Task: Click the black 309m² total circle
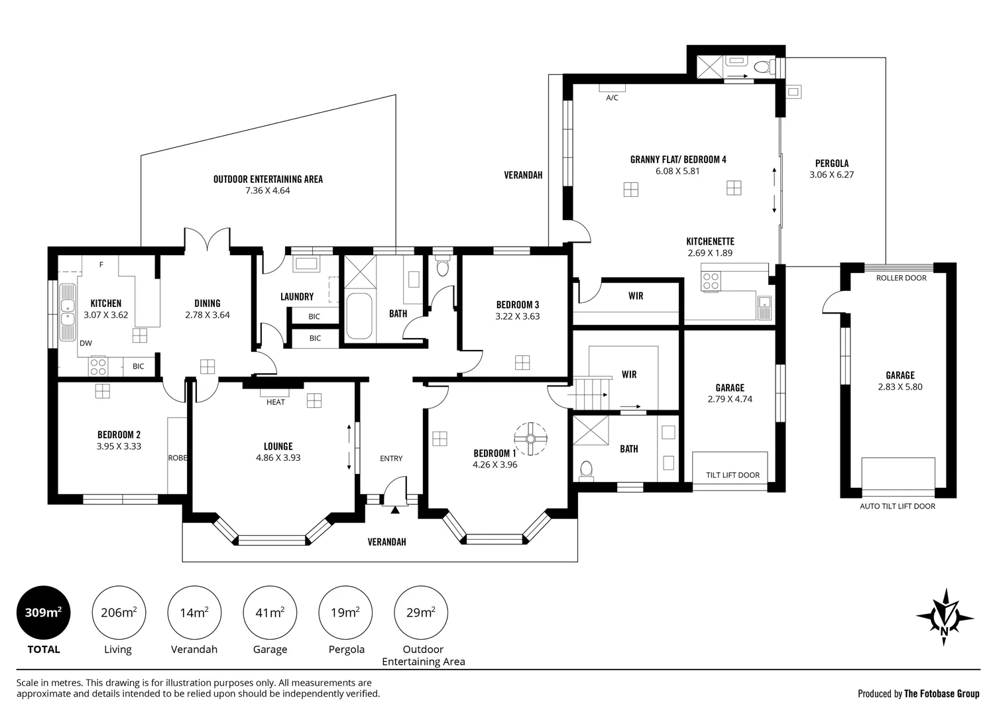[x=43, y=613]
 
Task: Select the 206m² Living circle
[x=119, y=613]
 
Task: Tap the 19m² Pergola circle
[x=345, y=613]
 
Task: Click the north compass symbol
[x=944, y=617]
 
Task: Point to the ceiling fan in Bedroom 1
[x=530, y=439]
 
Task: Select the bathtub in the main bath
[x=359, y=316]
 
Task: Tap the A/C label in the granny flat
[x=612, y=97]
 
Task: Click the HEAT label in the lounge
[x=276, y=402]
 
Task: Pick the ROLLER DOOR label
[x=902, y=278]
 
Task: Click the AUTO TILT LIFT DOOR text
[x=898, y=506]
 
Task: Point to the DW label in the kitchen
[x=86, y=343]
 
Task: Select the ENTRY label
[x=391, y=458]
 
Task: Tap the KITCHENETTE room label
[x=711, y=241]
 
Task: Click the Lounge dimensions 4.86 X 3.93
[x=278, y=457]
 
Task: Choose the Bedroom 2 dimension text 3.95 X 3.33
[x=119, y=446]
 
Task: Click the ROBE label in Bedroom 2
[x=177, y=457]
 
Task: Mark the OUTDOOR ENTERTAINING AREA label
[x=268, y=180]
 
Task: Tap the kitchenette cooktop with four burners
[x=711, y=281]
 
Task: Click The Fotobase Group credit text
[x=942, y=693]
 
